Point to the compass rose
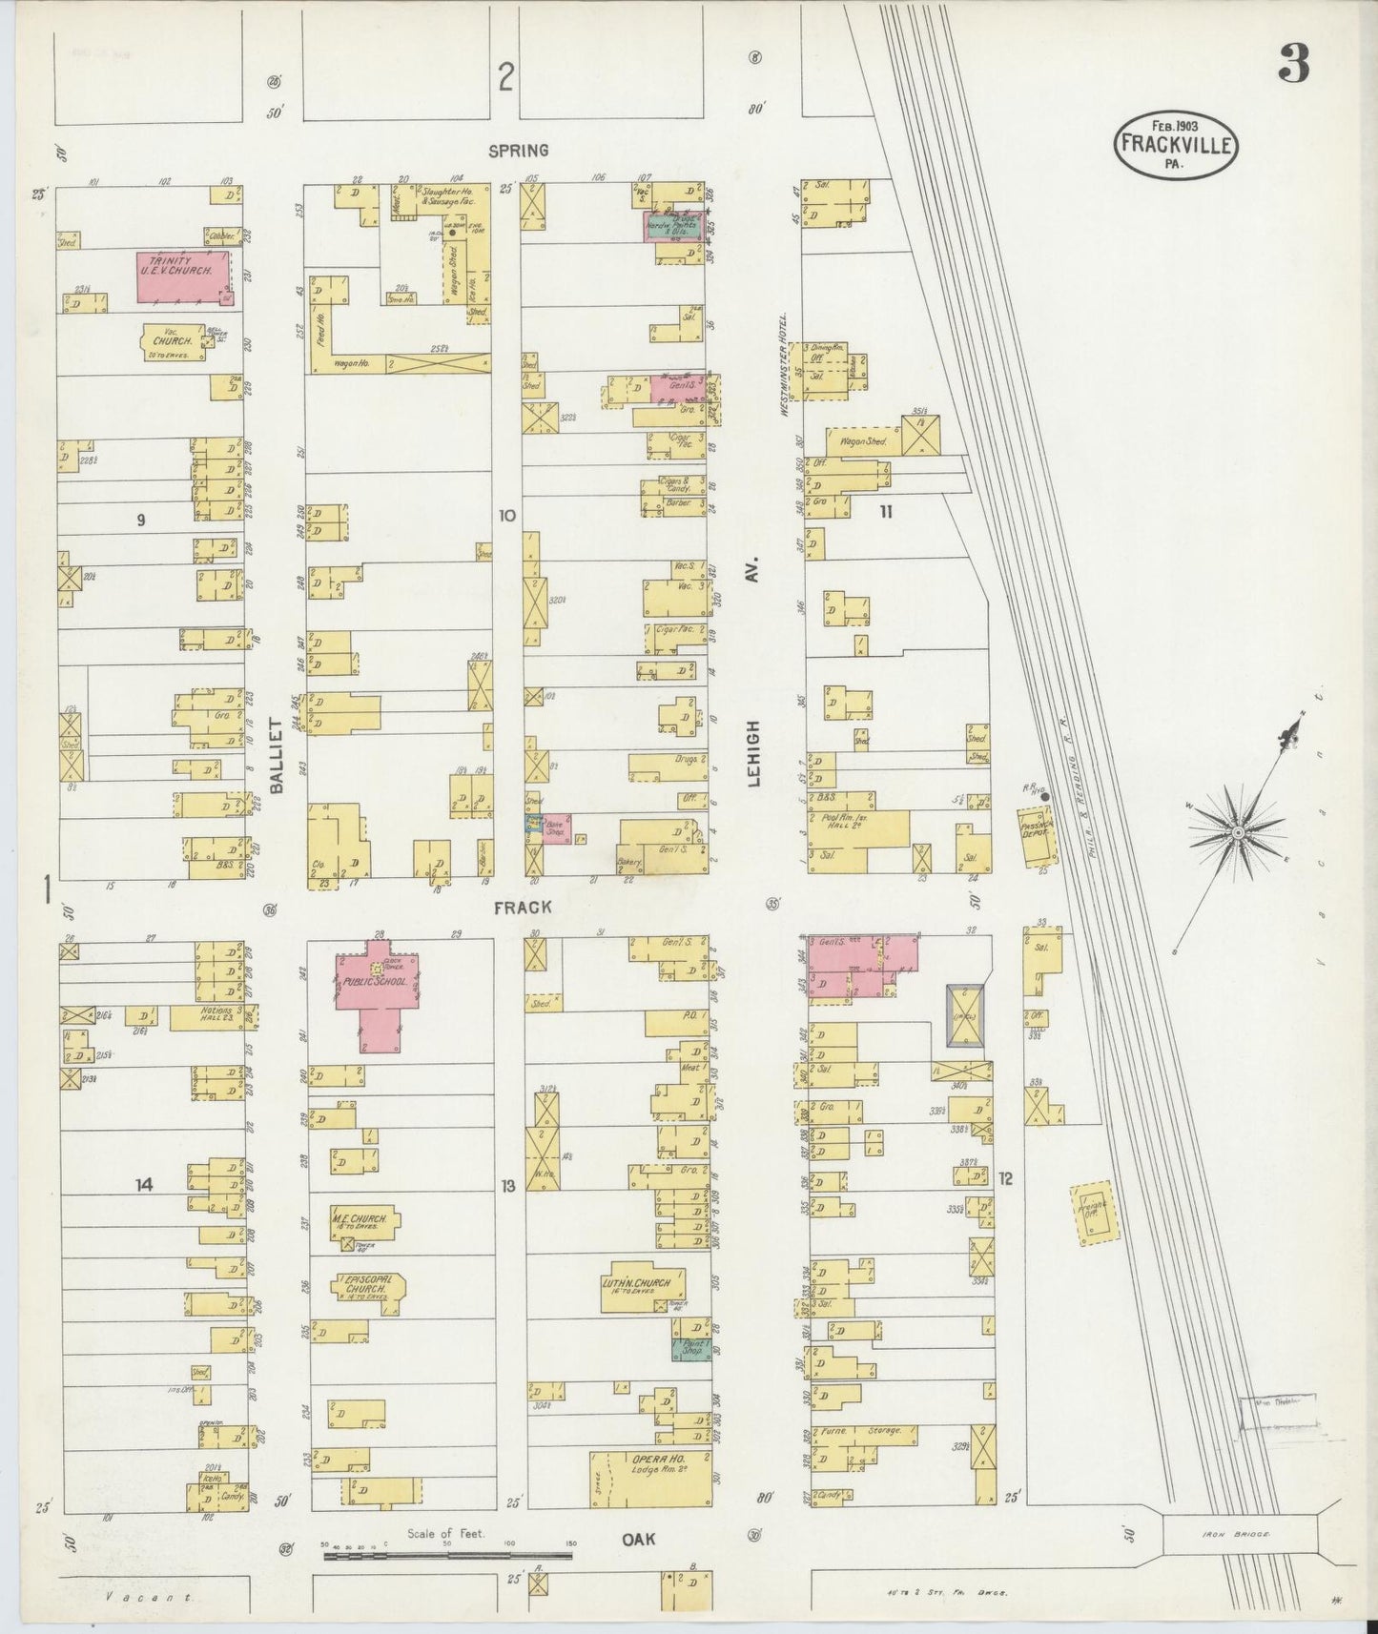coord(1237,831)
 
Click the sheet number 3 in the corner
coord(1293,65)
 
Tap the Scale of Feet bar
coord(448,1555)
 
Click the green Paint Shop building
coord(692,1348)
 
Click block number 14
coord(143,1185)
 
